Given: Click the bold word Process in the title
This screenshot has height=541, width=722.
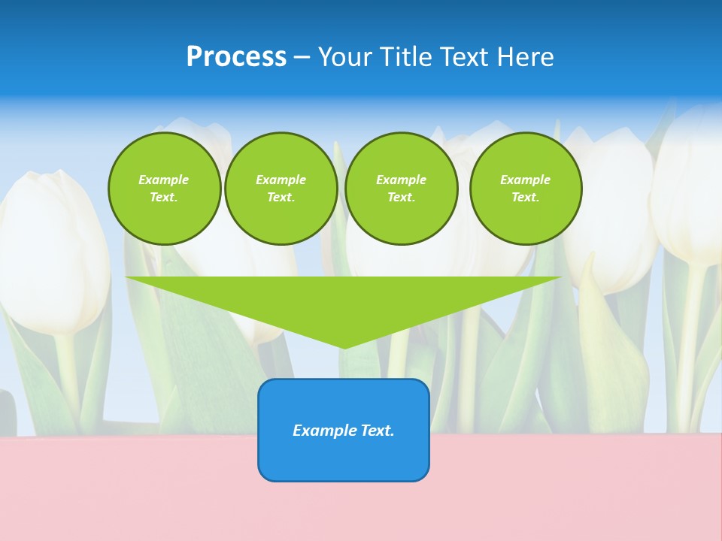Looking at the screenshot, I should tap(236, 57).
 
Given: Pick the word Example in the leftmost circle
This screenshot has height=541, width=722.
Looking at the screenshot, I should tap(164, 180).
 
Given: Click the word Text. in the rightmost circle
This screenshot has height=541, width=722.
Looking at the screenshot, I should tap(525, 197).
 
